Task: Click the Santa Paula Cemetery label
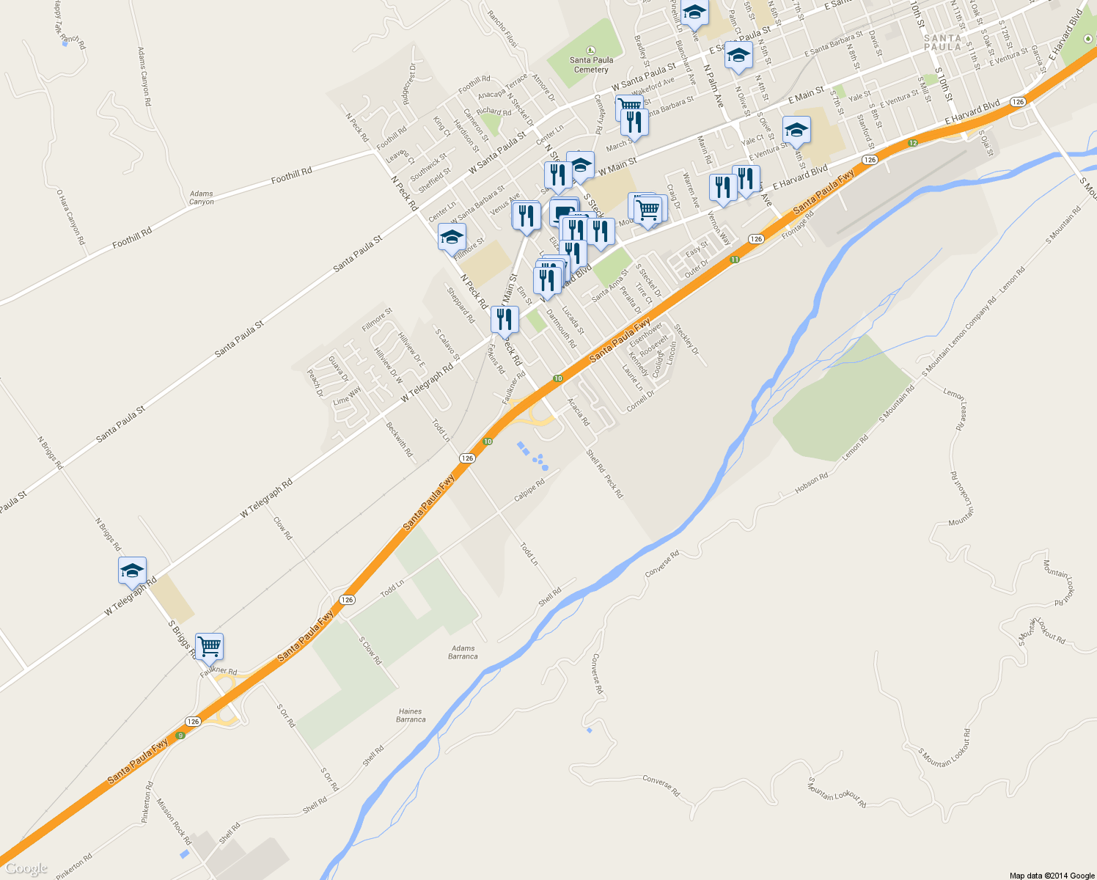tap(591, 65)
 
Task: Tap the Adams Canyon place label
tap(202, 198)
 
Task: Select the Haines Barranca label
tap(411, 715)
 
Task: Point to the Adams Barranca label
tap(463, 652)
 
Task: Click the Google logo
tap(26, 869)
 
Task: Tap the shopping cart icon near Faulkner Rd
tap(209, 647)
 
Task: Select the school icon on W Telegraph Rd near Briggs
tap(132, 571)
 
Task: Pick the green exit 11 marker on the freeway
tap(735, 260)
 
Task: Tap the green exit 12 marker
tap(912, 143)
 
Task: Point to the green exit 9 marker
tap(180, 736)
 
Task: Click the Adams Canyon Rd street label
tap(144, 77)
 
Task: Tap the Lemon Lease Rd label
tap(955, 409)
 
